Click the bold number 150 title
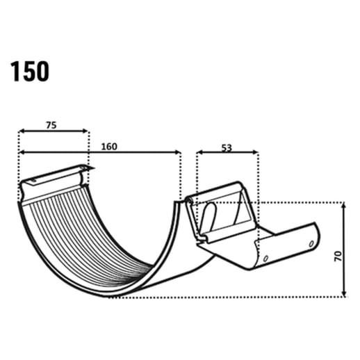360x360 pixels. [x=29, y=71]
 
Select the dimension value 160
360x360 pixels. [x=108, y=147]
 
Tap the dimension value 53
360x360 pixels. [x=227, y=147]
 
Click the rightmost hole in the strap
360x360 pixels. [x=311, y=244]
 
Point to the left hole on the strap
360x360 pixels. [x=265, y=261]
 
